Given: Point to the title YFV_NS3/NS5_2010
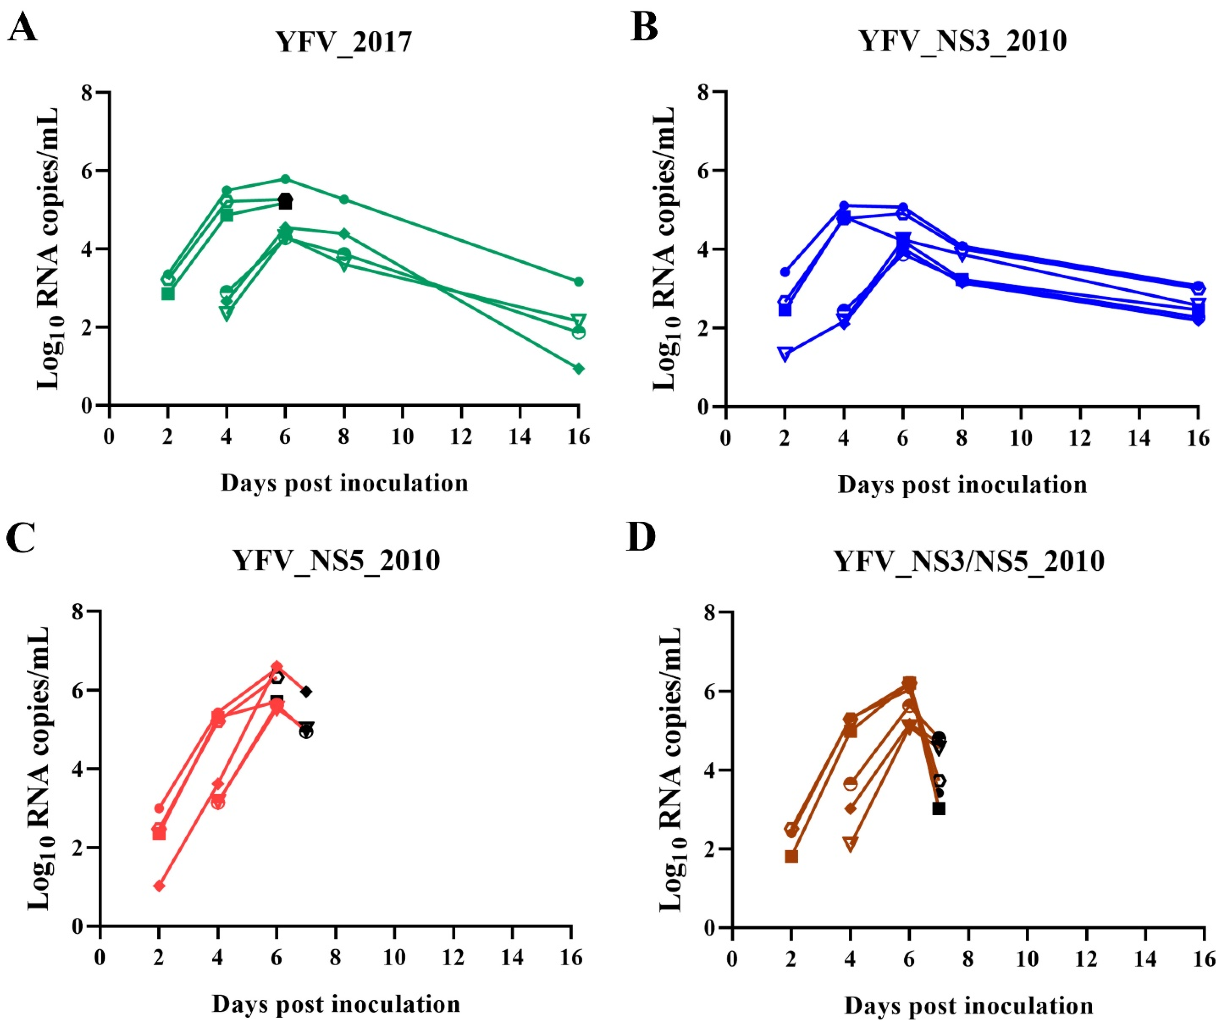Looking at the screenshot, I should point(968,561).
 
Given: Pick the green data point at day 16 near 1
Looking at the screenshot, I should point(578,368).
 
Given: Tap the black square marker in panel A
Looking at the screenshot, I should point(285,203).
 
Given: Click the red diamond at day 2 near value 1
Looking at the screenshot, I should point(159,885).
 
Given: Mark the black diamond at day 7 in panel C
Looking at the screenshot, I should point(306,691).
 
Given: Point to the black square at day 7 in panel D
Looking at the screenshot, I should point(938,808).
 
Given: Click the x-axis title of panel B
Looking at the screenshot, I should point(962,485).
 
